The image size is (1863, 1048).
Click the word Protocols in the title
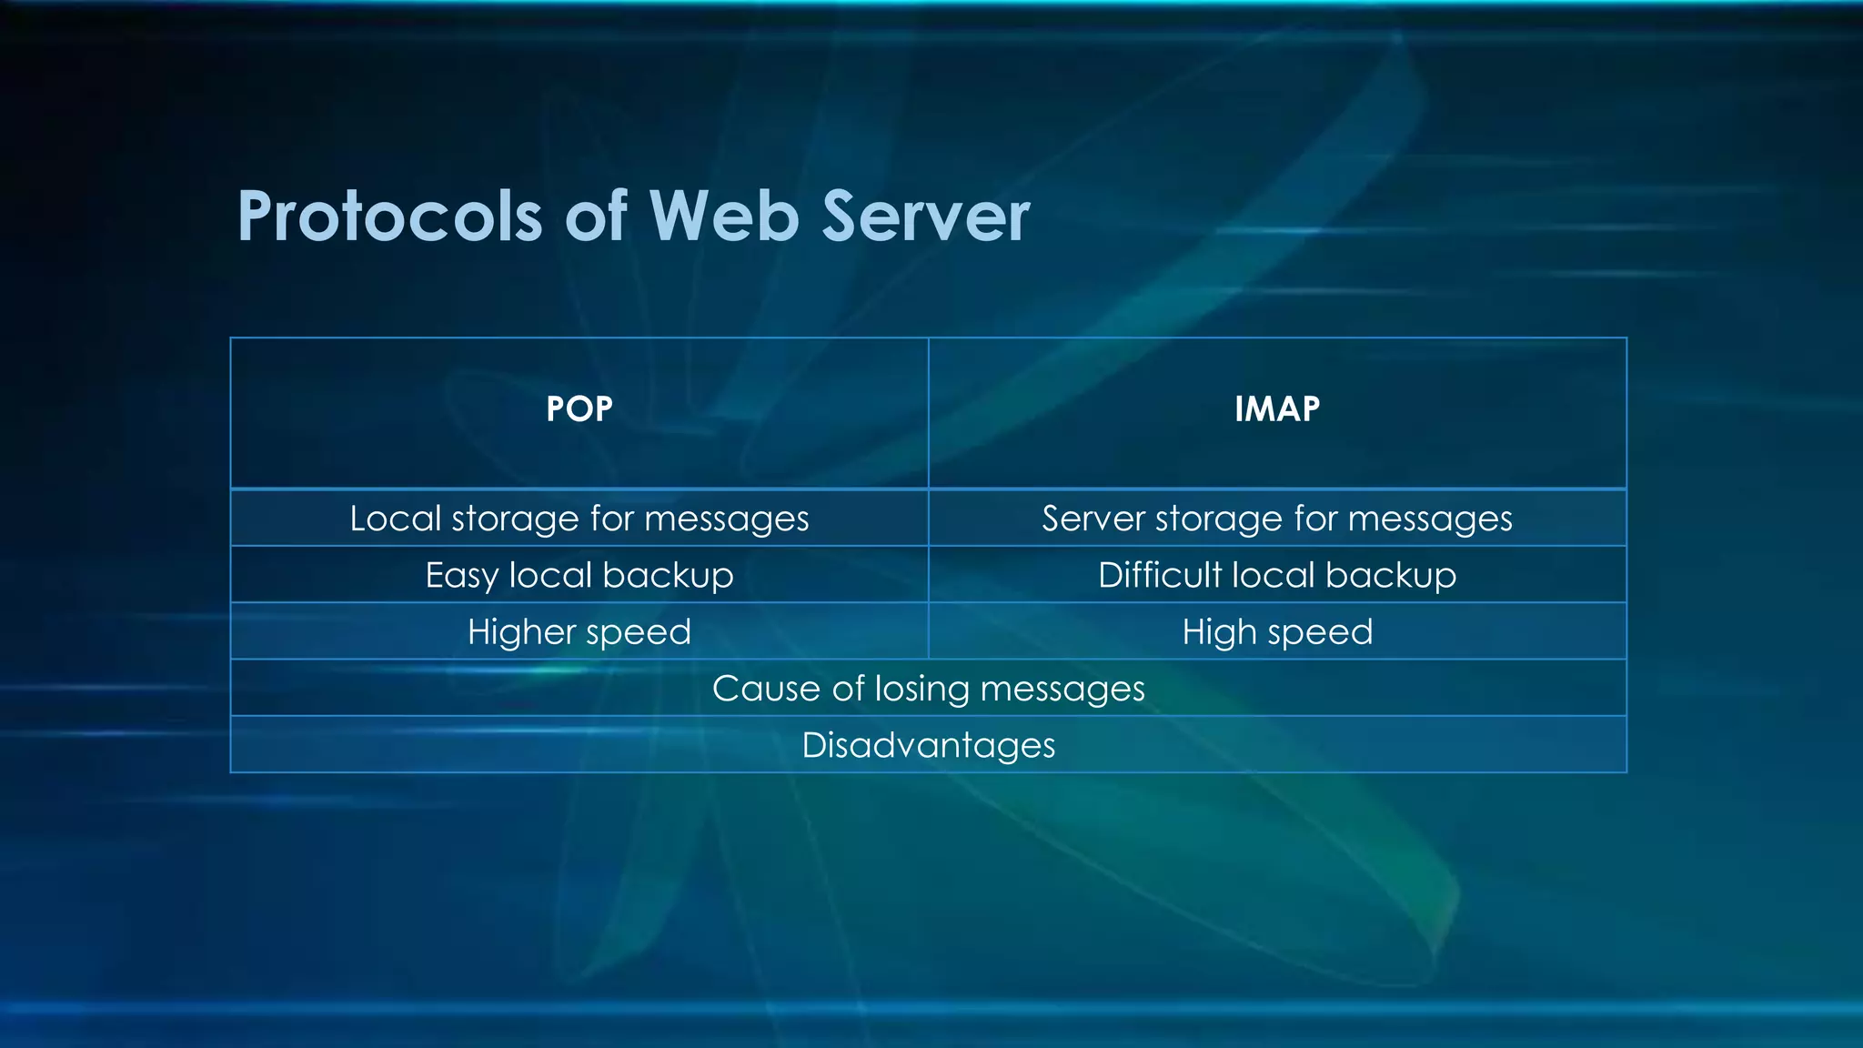(389, 217)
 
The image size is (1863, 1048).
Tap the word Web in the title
(723, 217)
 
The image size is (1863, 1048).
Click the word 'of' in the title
(595, 217)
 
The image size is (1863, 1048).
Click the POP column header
(579, 409)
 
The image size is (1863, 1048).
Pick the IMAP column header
(1277, 409)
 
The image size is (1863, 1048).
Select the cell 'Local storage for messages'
(579, 519)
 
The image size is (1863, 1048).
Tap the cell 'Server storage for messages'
(1277, 519)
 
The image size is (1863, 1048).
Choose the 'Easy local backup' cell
(579, 575)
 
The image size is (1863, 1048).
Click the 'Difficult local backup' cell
(1277, 575)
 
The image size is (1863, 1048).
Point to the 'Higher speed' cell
(579, 631)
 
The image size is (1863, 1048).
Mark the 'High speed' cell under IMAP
(1277, 631)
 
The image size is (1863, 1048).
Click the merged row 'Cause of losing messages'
(928, 689)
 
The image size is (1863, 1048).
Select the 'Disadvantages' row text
(928, 745)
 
